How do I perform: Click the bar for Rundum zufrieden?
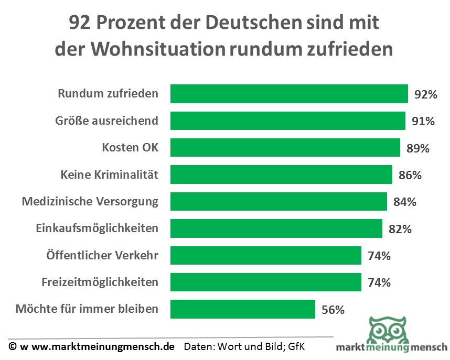[x=289, y=94]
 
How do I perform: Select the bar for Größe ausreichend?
[x=288, y=121]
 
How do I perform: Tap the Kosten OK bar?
[x=285, y=148]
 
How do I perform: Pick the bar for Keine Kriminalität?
[x=281, y=174]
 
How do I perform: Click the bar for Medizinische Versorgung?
[x=278, y=202]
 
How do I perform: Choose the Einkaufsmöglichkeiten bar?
[x=276, y=228]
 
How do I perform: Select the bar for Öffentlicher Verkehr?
[x=266, y=256]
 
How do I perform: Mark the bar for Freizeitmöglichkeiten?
[x=266, y=282]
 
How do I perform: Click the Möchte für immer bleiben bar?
[x=243, y=309]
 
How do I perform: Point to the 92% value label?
[x=425, y=95]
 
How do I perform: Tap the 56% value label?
[x=333, y=310]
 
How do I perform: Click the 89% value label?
[x=417, y=149]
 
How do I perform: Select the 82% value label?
[x=400, y=230]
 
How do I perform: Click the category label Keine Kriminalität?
[x=109, y=174]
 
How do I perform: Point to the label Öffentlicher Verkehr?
[x=102, y=256]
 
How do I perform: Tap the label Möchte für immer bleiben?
[x=87, y=309]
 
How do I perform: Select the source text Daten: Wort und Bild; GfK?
[x=244, y=347]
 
